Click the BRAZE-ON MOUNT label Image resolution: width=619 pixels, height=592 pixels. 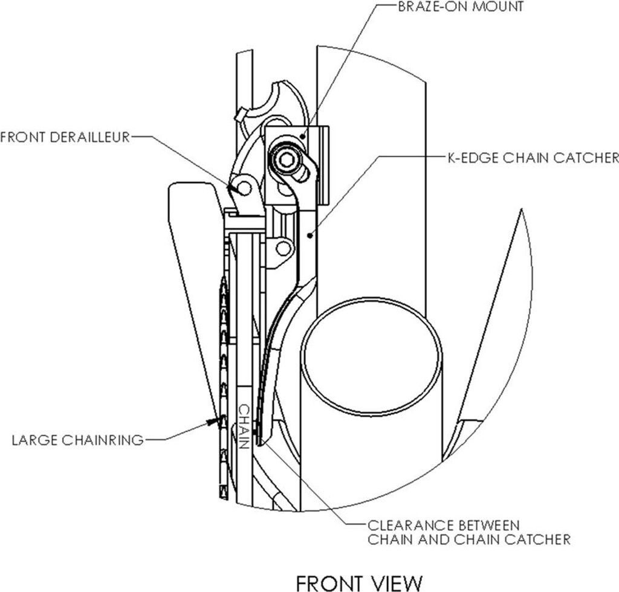(461, 7)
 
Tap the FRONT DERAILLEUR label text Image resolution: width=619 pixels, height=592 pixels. (65, 137)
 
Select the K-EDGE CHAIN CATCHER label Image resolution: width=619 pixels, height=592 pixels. (533, 158)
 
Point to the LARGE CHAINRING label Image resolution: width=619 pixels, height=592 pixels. (78, 440)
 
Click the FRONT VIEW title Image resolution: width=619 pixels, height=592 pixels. (359, 582)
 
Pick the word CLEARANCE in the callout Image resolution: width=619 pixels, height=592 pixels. (409, 526)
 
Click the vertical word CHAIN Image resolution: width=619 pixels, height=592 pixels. (244, 426)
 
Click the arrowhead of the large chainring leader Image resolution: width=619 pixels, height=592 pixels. (213, 422)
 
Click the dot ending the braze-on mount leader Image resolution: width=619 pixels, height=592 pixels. (303, 136)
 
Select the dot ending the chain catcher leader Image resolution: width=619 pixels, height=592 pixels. (310, 236)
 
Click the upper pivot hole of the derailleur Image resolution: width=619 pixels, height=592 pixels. (245, 188)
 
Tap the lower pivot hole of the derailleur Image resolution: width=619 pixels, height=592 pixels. (283, 248)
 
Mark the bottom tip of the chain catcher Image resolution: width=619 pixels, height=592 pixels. (259, 445)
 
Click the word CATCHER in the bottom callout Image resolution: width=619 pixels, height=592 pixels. (537, 539)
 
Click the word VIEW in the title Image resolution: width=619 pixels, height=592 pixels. (395, 582)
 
